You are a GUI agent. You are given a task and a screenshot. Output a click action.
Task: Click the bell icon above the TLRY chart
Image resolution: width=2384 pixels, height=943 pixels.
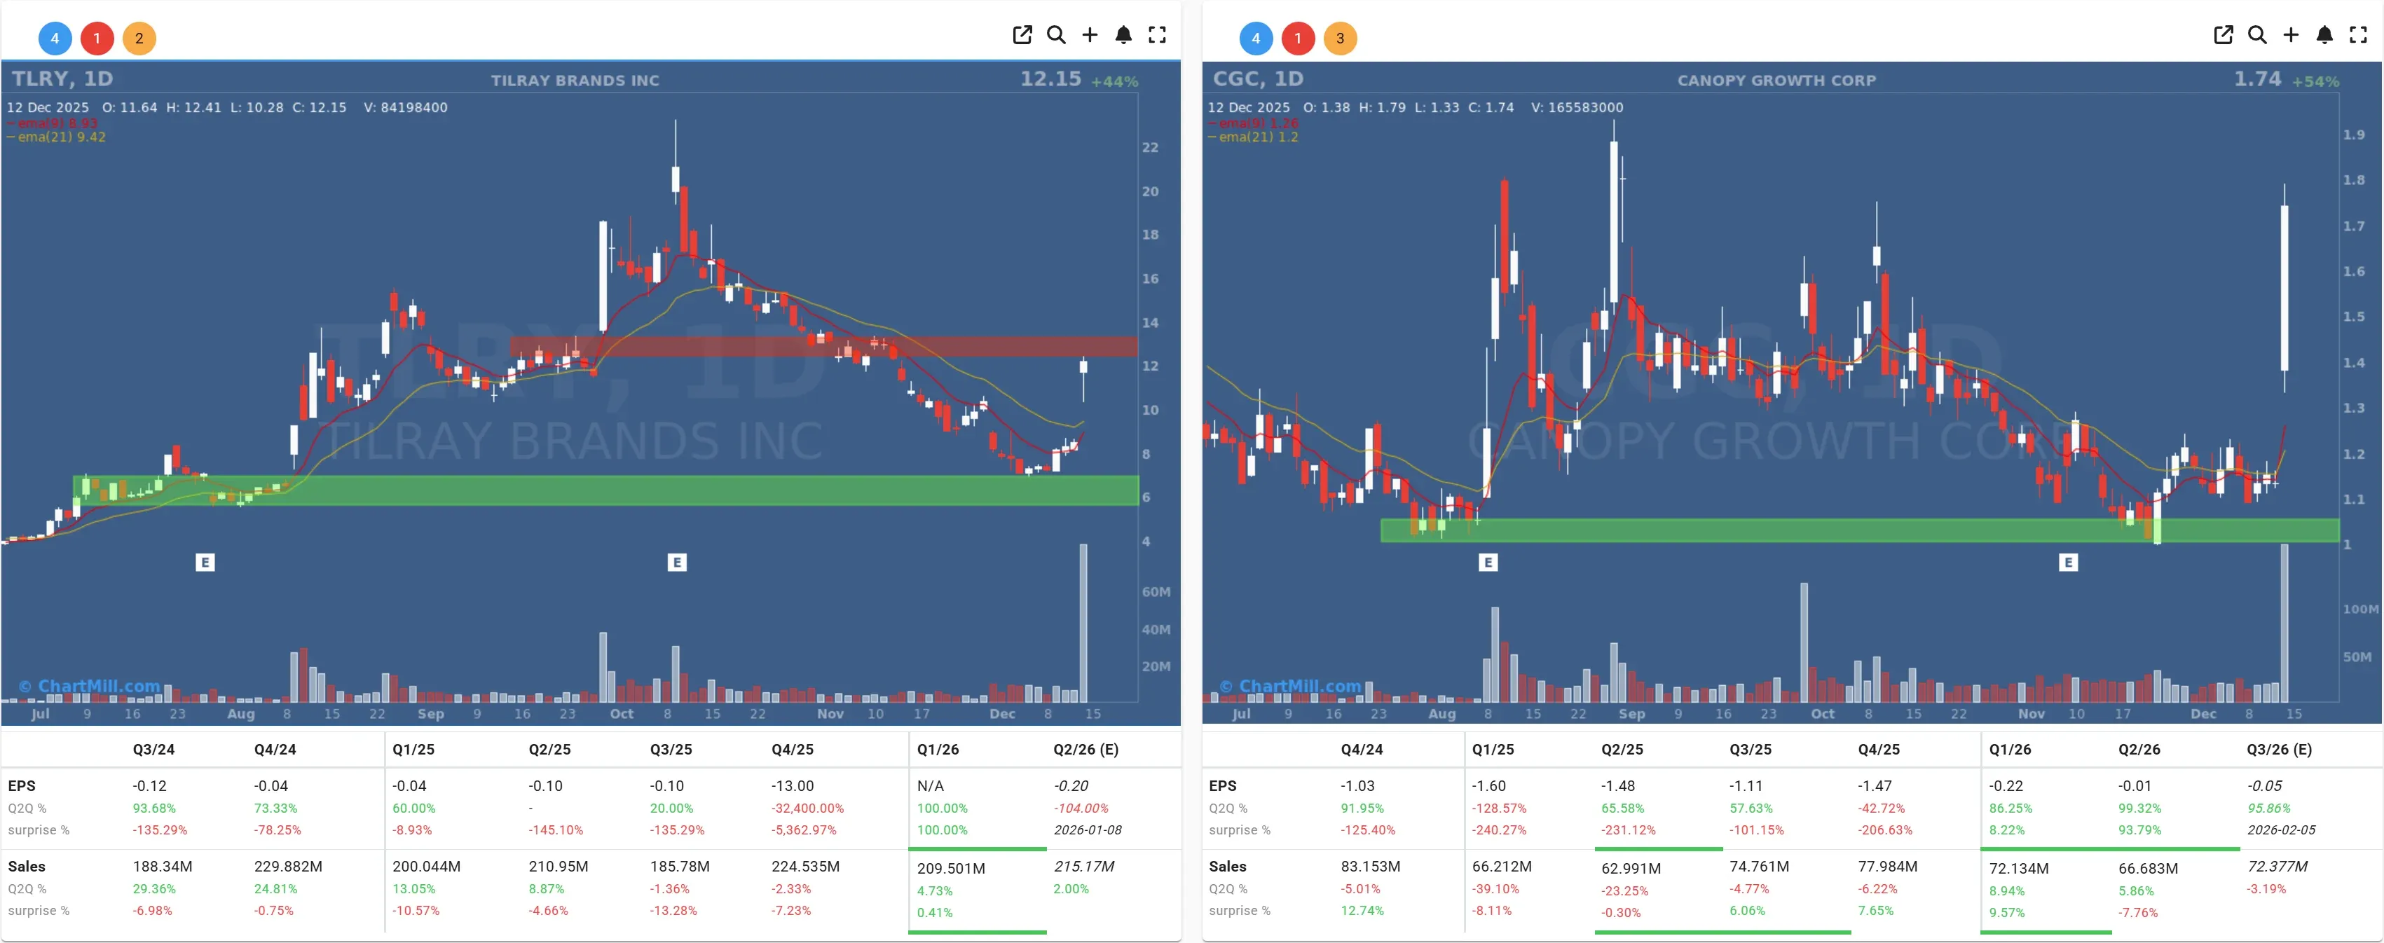[1123, 35]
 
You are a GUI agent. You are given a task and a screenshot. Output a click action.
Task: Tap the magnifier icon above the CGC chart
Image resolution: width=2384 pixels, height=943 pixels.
[2257, 35]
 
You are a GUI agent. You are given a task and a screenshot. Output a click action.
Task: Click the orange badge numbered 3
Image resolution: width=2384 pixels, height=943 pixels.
[1339, 38]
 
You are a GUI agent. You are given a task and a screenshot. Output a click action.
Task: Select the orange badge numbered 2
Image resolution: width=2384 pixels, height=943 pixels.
[139, 38]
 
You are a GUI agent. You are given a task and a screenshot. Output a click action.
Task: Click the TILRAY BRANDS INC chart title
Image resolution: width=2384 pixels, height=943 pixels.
[575, 81]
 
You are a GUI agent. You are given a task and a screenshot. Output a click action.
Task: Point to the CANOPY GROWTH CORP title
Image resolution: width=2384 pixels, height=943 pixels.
[1776, 81]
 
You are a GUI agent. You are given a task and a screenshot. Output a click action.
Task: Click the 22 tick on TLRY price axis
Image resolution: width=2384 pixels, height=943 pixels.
[1149, 147]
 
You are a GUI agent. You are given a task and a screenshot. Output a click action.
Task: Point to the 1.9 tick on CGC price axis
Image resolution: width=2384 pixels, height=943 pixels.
[2353, 135]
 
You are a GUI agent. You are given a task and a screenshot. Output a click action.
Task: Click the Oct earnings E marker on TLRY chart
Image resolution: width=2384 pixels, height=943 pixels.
[676, 562]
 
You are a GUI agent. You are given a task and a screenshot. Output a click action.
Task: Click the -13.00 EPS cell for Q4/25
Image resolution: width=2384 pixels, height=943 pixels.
[792, 785]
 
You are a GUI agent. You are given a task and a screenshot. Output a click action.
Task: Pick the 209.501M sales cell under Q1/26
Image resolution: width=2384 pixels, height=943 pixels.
[950, 868]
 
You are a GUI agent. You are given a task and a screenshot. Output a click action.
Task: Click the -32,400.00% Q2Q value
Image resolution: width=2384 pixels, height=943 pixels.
[807, 808]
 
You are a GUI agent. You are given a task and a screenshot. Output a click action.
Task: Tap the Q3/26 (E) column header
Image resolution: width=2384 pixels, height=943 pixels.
[2278, 750]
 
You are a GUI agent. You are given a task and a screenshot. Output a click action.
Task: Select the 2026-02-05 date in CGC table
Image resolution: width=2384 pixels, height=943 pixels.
[2280, 830]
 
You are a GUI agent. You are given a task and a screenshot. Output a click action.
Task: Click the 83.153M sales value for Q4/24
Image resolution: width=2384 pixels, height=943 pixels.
[1370, 866]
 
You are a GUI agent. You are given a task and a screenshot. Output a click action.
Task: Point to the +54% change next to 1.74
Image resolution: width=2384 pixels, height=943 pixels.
[2315, 81]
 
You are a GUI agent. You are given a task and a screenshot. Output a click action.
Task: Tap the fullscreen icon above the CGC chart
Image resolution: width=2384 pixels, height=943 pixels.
[2358, 35]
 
